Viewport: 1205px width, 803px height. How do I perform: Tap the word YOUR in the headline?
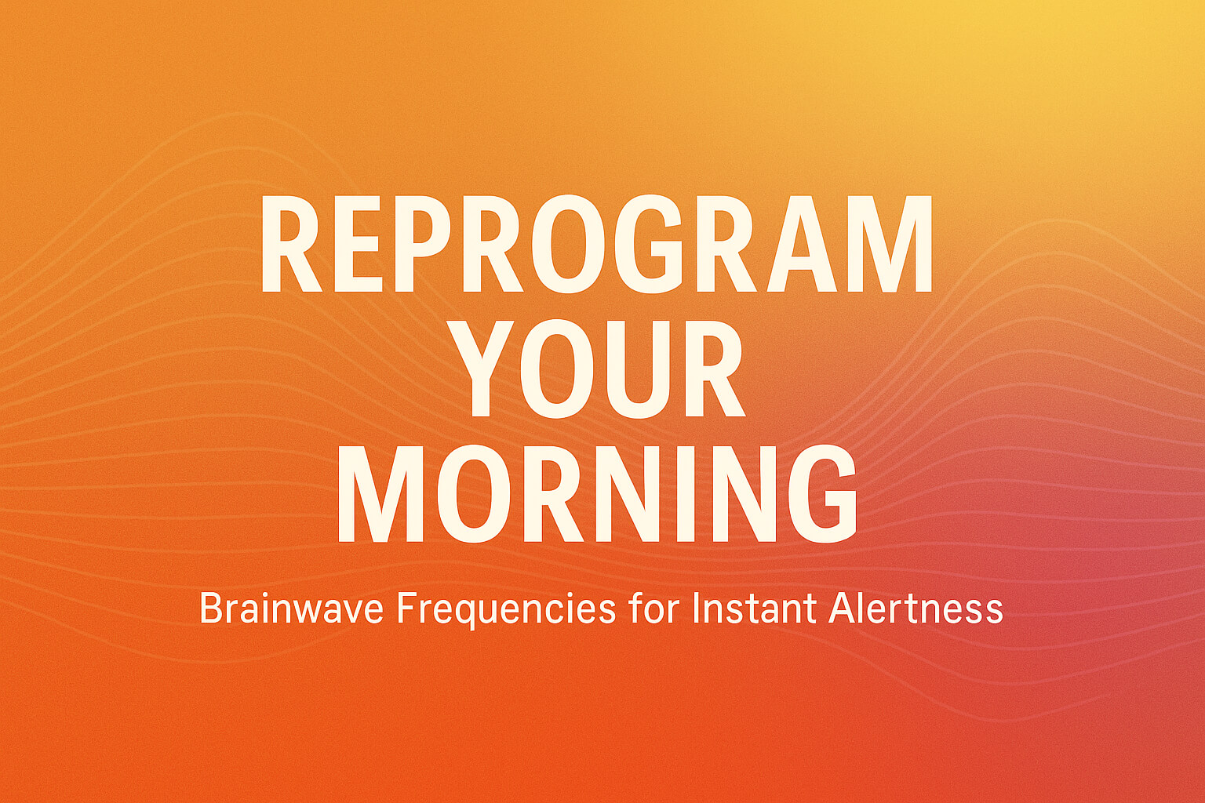tap(601, 369)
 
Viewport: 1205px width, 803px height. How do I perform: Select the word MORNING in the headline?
tap(598, 493)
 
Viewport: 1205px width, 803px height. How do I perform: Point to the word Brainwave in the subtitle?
tap(291, 609)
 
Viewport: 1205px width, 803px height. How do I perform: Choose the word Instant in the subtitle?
tap(754, 609)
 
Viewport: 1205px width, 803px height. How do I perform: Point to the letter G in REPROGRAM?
tap(657, 244)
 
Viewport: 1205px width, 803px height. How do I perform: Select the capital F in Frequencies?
tap(405, 609)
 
